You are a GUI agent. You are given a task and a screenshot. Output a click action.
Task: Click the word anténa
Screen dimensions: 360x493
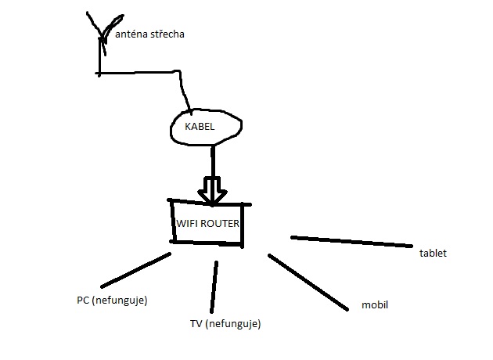(131, 34)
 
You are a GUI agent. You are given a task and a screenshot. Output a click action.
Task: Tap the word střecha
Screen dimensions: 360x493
(167, 34)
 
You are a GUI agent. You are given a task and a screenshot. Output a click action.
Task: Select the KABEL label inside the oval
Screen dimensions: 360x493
(200, 126)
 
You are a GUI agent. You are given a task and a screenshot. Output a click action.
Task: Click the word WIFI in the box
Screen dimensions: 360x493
(187, 223)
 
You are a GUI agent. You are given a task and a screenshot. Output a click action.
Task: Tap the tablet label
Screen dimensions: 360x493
(433, 254)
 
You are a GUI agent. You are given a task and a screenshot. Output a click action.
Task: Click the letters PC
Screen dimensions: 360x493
(83, 300)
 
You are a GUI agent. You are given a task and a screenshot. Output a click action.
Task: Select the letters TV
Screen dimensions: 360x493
(196, 323)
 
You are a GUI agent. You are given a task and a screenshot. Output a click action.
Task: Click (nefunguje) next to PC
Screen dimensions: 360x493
(120, 300)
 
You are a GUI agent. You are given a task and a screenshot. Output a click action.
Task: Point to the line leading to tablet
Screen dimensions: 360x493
(352, 241)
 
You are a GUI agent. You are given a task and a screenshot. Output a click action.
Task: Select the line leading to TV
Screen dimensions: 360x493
(214, 286)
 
